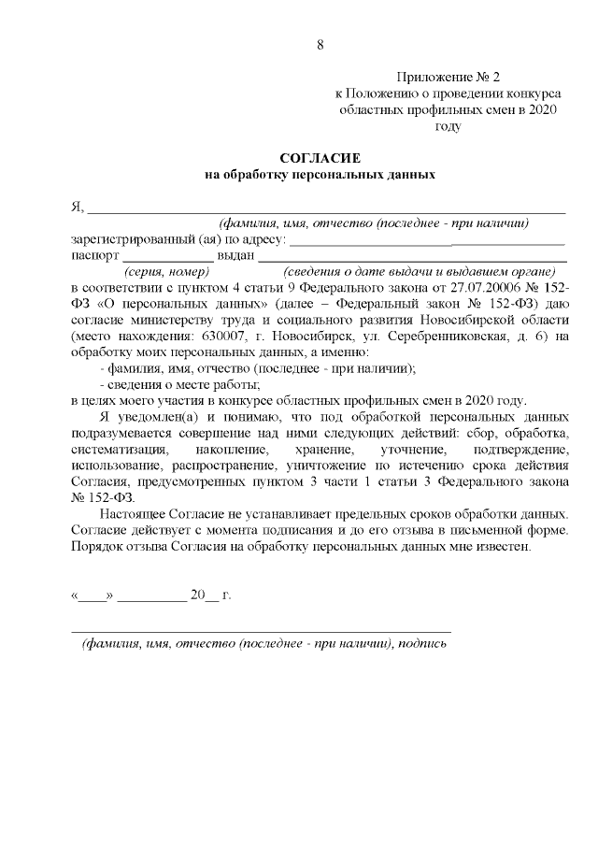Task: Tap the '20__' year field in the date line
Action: click(x=203, y=595)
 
